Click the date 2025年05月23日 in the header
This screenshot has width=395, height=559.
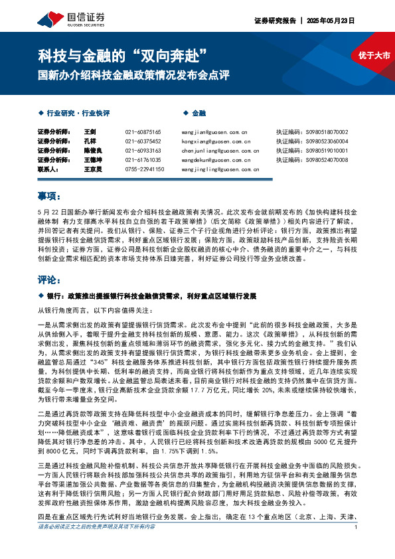click(331, 21)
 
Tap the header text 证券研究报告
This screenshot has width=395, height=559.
click(274, 21)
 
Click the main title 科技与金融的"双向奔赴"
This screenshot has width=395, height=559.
click(124, 52)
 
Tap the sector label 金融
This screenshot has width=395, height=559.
click(199, 114)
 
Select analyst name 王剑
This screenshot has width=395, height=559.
click(91, 132)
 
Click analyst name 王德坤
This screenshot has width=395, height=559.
click(94, 160)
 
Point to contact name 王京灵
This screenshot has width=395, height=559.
click(94, 169)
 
